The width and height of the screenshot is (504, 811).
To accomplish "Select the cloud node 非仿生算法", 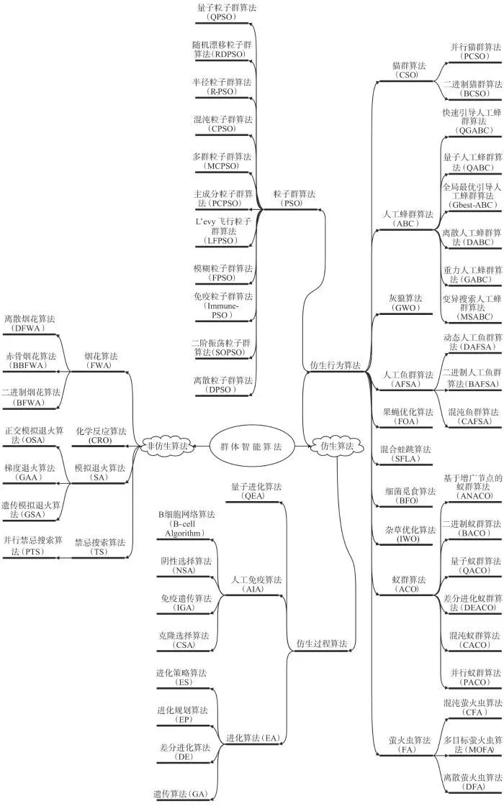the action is tap(166, 446).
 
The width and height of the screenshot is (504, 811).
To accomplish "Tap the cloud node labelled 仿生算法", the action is tap(337, 446).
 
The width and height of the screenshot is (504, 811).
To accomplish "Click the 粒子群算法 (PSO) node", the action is tap(294, 198).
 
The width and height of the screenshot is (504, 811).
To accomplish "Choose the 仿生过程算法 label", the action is tap(321, 643).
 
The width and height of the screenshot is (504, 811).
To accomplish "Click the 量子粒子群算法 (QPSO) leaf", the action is tap(225, 12).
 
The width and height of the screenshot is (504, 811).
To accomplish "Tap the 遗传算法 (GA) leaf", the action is tap(181, 794).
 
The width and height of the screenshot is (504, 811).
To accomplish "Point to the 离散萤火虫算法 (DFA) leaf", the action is tap(472, 782).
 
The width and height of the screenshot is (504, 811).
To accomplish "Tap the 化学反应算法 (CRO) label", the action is tap(101, 436).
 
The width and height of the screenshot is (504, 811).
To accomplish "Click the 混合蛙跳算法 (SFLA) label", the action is tap(405, 454).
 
